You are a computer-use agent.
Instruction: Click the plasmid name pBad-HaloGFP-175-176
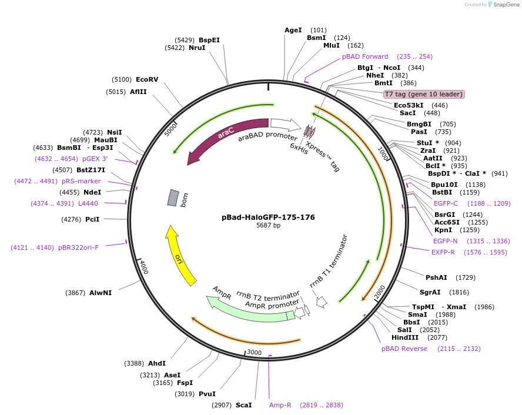(x=268, y=217)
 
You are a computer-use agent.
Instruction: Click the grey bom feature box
(x=172, y=198)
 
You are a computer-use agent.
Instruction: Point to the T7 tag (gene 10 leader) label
(x=423, y=94)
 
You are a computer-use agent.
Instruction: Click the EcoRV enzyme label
(x=147, y=79)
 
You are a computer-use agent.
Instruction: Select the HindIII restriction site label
(x=406, y=337)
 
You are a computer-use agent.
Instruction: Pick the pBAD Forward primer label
(x=365, y=56)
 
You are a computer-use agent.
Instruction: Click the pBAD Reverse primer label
(x=404, y=349)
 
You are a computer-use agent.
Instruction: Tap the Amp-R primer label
(x=280, y=405)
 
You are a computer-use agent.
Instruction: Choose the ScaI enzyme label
(x=243, y=405)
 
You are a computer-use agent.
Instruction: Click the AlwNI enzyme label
(x=101, y=292)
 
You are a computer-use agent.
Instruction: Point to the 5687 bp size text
(x=268, y=226)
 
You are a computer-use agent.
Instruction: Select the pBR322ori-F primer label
(x=78, y=247)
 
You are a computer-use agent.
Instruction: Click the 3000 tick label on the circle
(x=254, y=352)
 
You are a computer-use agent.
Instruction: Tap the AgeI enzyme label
(x=293, y=30)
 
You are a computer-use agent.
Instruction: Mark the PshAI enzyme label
(x=437, y=277)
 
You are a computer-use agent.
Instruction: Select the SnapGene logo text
(x=506, y=5)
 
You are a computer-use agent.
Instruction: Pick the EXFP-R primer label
(x=444, y=252)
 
